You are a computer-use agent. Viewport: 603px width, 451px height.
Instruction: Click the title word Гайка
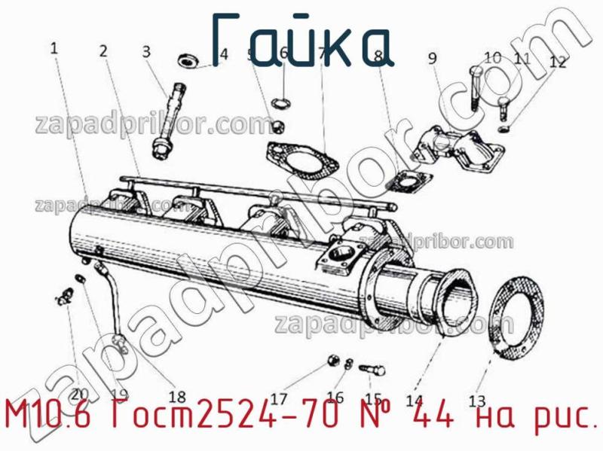pyautogui.click(x=301, y=38)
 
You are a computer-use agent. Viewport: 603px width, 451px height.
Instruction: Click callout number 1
pyautogui.click(x=54, y=48)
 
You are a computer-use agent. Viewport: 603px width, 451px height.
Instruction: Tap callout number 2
pyautogui.click(x=103, y=51)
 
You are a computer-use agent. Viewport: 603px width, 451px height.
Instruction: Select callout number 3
pyautogui.click(x=146, y=51)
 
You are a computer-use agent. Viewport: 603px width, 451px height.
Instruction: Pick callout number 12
pyautogui.click(x=557, y=62)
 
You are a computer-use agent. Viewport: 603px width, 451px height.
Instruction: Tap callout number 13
pyautogui.click(x=477, y=400)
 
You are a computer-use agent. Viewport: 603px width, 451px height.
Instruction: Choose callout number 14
pyautogui.click(x=414, y=401)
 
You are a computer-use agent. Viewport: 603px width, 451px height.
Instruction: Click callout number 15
pyautogui.click(x=373, y=398)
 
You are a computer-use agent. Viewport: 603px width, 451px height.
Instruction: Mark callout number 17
pyautogui.click(x=279, y=398)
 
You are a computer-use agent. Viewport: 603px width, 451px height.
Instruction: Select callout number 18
pyautogui.click(x=177, y=397)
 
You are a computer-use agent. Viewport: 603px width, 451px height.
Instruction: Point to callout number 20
pyautogui.click(x=80, y=392)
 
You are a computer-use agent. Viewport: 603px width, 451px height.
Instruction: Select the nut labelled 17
pyautogui.click(x=332, y=362)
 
